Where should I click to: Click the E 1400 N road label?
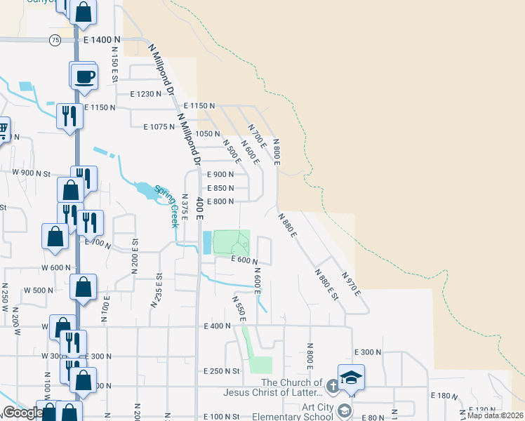[102, 41]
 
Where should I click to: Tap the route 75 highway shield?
[55, 41]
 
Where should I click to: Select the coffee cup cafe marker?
[84, 76]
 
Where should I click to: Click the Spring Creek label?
[166, 205]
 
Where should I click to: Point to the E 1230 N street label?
[146, 93]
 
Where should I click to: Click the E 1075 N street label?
[159, 127]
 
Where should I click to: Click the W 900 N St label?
[32, 173]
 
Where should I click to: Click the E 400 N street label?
[218, 326]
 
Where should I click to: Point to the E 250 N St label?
[222, 370]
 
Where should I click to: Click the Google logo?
[22, 413]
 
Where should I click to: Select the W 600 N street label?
[56, 267]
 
